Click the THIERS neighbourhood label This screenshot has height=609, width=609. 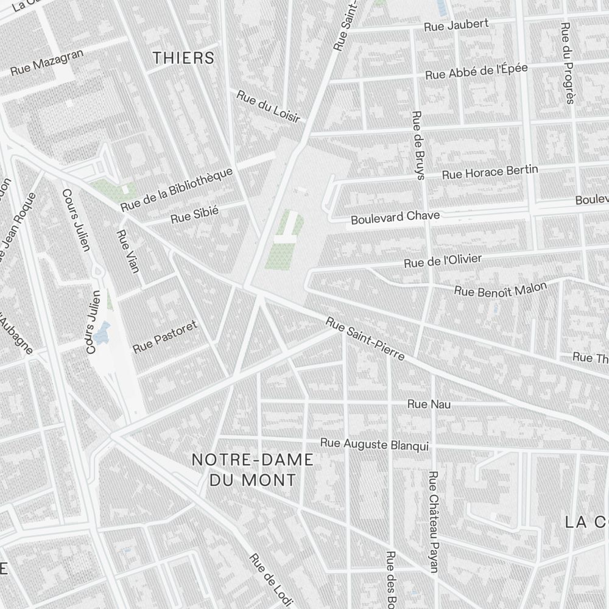(x=183, y=58)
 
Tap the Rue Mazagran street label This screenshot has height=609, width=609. (x=47, y=63)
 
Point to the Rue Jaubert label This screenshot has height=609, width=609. (x=456, y=26)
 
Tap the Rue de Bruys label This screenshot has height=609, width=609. (x=418, y=145)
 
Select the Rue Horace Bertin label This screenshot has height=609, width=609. (x=490, y=171)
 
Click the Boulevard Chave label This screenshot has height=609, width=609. (x=395, y=217)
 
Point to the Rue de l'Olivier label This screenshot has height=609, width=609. (x=443, y=261)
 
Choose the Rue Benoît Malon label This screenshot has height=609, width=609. (x=500, y=289)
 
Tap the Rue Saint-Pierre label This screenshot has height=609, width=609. (x=365, y=338)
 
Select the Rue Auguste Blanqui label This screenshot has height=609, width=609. (x=375, y=444)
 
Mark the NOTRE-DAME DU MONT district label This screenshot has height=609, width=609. (x=253, y=470)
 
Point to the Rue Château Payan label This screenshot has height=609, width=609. (x=434, y=521)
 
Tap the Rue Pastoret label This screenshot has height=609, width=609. (x=165, y=336)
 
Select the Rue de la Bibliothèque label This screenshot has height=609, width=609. (x=177, y=189)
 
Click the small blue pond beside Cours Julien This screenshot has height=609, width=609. (x=102, y=332)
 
